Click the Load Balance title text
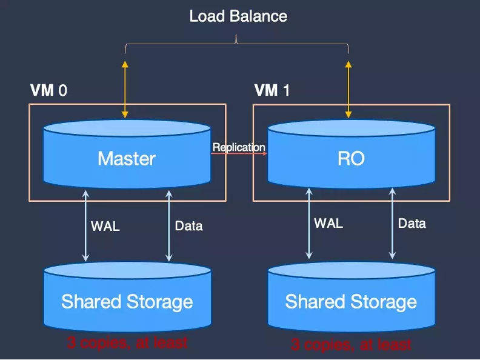[x=238, y=16]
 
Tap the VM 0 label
[x=48, y=90]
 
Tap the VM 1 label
[x=272, y=90]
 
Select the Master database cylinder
[x=127, y=155]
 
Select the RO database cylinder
[x=351, y=155]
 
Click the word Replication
[x=239, y=147]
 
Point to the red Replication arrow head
[x=264, y=153]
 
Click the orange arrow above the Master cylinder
[x=125, y=89]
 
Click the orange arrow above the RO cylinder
[x=348, y=89]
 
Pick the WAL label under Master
[x=105, y=227]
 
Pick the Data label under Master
[x=189, y=226]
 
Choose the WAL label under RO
[x=328, y=224]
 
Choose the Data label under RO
[x=412, y=224]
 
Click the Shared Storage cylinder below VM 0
[x=127, y=297]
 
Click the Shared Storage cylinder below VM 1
[x=351, y=297]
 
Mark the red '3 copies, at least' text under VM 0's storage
[x=127, y=342]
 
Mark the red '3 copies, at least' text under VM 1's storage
[x=351, y=344]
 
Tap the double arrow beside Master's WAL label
[x=85, y=226]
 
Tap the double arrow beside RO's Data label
[x=392, y=224]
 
